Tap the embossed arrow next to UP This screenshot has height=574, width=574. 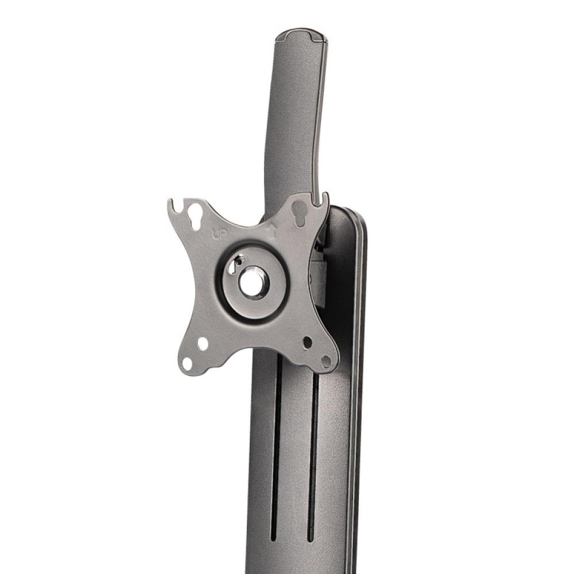(x=273, y=231)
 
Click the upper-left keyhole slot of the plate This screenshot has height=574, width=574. (x=195, y=216)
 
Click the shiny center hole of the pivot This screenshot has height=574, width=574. (x=252, y=283)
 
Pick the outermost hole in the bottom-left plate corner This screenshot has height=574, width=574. (x=187, y=363)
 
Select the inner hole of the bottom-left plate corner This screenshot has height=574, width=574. (x=203, y=344)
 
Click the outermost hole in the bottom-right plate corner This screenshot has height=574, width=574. (x=326, y=362)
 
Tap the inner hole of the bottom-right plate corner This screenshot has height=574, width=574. (x=308, y=342)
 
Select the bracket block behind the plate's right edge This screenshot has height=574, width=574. (x=319, y=281)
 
